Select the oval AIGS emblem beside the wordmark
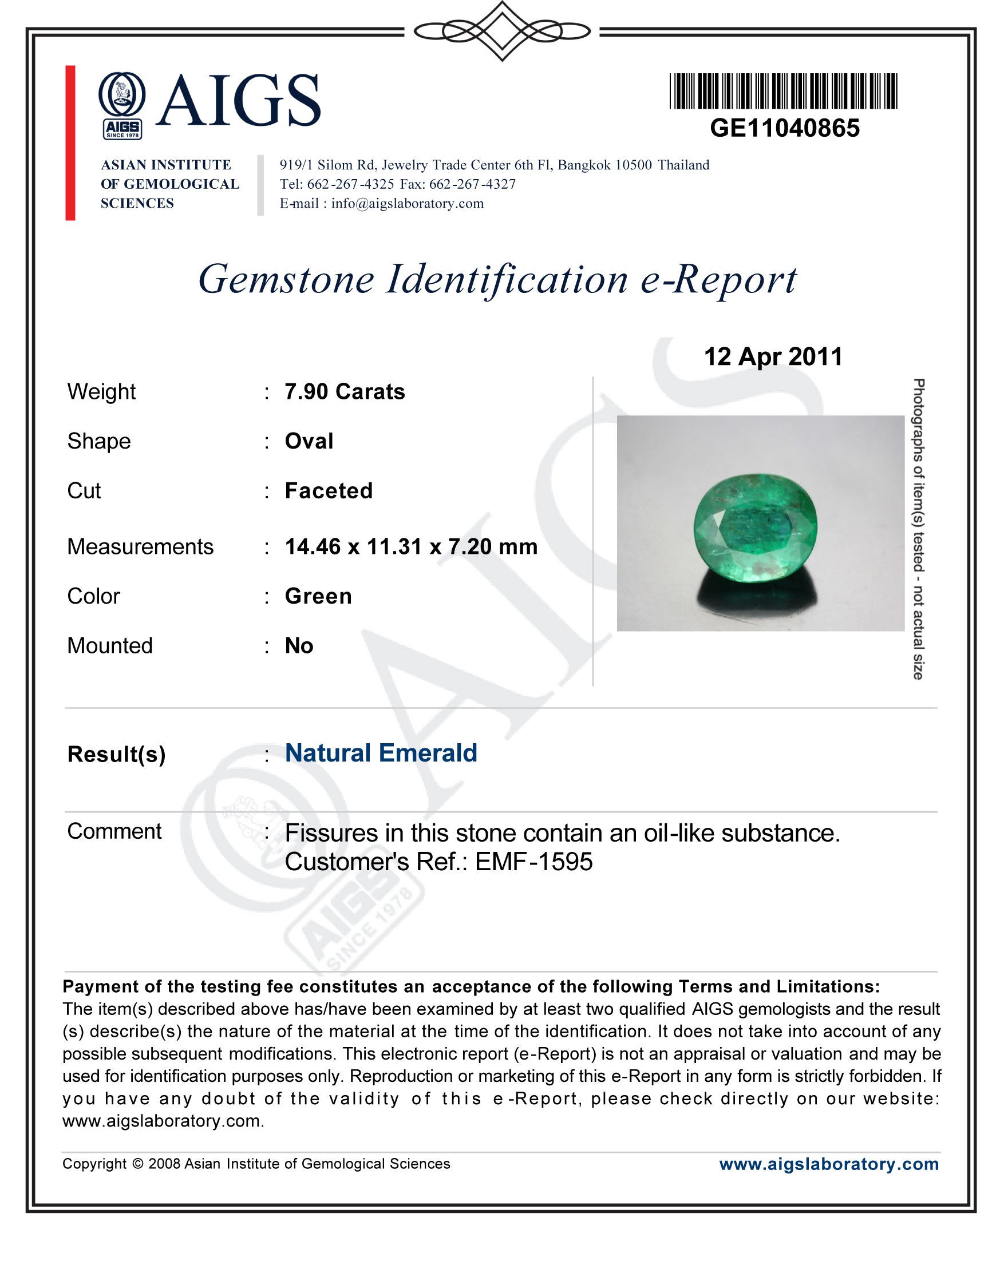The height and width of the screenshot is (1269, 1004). tap(122, 97)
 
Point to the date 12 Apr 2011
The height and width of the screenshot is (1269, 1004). tap(773, 356)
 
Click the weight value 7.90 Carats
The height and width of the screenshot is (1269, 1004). tap(345, 392)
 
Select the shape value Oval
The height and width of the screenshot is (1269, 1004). tap(309, 441)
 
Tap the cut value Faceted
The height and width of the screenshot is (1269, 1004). tap(329, 490)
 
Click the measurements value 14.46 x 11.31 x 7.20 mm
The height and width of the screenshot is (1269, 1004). tap(411, 546)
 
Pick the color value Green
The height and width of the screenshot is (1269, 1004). tap(318, 596)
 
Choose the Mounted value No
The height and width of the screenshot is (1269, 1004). tap(299, 646)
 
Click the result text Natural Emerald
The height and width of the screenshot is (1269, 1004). tap(381, 753)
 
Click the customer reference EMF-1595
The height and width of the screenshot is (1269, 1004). tap(533, 862)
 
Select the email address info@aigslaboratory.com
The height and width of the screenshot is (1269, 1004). tap(408, 203)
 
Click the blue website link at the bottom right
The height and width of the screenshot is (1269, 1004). tap(828, 1164)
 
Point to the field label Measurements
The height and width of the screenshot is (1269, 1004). tap(140, 546)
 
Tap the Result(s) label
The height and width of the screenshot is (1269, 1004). tap(116, 754)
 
